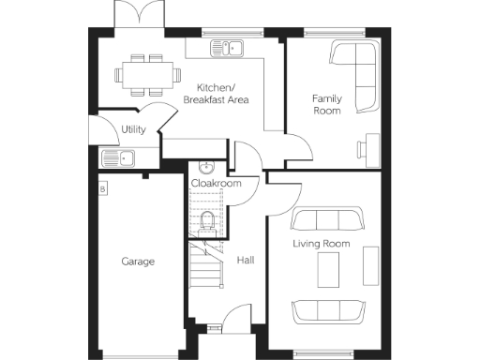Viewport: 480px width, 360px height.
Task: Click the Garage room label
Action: pyautogui.click(x=138, y=262)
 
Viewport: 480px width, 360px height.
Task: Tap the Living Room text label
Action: pyautogui.click(x=321, y=244)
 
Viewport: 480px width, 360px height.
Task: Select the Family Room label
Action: pyautogui.click(x=325, y=103)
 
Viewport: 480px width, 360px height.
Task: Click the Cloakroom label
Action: pyautogui.click(x=216, y=184)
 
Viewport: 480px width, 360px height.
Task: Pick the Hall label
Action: pyautogui.click(x=246, y=261)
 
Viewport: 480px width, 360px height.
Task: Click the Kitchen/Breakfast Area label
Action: pyautogui.click(x=216, y=93)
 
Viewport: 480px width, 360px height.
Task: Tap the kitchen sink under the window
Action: pyautogui.click(x=225, y=47)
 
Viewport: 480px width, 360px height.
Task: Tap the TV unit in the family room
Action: pyautogui.click(x=364, y=148)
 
